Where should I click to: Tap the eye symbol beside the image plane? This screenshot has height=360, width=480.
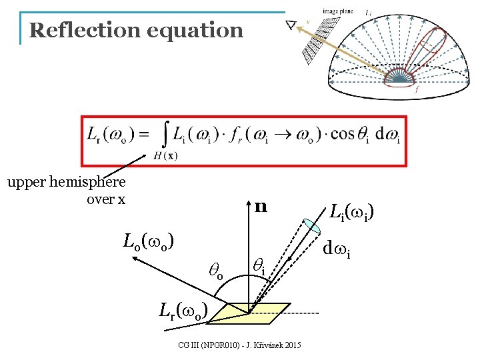(291, 25)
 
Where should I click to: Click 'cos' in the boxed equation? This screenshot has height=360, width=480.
(342, 133)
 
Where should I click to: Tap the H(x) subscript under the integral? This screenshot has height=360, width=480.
(165, 156)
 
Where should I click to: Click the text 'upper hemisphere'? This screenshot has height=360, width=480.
(66, 182)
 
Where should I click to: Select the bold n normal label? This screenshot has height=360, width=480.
(261, 207)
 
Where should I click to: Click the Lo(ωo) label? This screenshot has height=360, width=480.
(149, 240)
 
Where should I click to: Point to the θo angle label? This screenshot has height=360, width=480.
(216, 269)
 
